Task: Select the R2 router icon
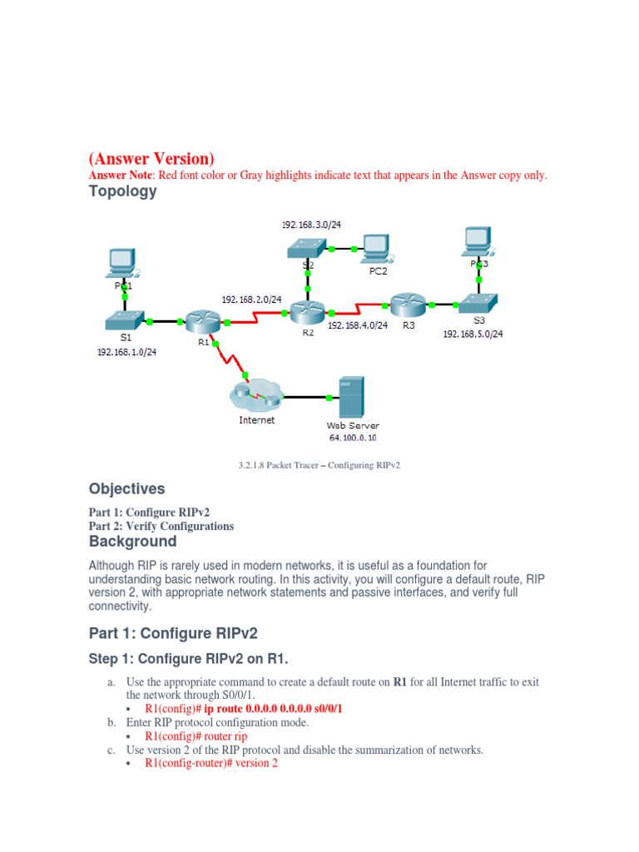(307, 313)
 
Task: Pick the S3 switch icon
(478, 303)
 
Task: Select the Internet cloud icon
(256, 391)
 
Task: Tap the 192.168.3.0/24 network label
(312, 225)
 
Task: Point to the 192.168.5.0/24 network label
(473, 334)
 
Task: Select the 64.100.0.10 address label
(353, 438)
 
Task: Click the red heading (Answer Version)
(151, 158)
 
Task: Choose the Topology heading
(122, 191)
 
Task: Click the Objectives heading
(126, 488)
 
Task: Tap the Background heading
(132, 542)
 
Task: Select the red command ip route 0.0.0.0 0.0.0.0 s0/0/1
(244, 708)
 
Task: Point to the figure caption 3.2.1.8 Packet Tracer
(319, 465)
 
